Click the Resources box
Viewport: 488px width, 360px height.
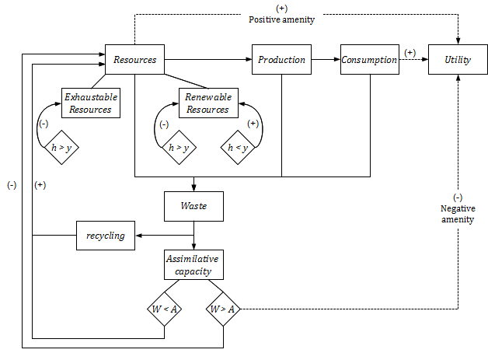point(134,60)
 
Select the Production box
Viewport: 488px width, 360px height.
point(281,60)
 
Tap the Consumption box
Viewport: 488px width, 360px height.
point(370,60)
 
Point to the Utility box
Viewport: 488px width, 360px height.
point(458,60)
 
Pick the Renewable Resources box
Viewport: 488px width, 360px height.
point(207,103)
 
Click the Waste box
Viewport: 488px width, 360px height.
point(193,207)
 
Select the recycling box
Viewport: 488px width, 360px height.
point(106,236)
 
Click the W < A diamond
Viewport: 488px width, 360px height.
point(165,309)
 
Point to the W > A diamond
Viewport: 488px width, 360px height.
point(223,309)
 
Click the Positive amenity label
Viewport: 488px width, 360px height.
point(281,19)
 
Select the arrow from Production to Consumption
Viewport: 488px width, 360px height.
point(326,60)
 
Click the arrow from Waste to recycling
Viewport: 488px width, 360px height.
point(164,235)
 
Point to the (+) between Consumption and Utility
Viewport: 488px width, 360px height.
point(410,52)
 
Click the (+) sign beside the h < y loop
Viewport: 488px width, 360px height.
point(253,124)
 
